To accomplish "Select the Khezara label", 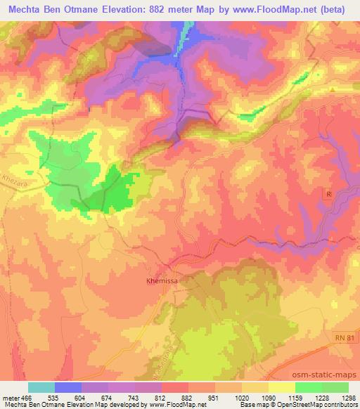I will point(11,180).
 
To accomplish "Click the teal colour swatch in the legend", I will point(41,387).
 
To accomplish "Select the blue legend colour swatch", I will point(68,387).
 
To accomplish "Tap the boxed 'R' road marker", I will point(328,193).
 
